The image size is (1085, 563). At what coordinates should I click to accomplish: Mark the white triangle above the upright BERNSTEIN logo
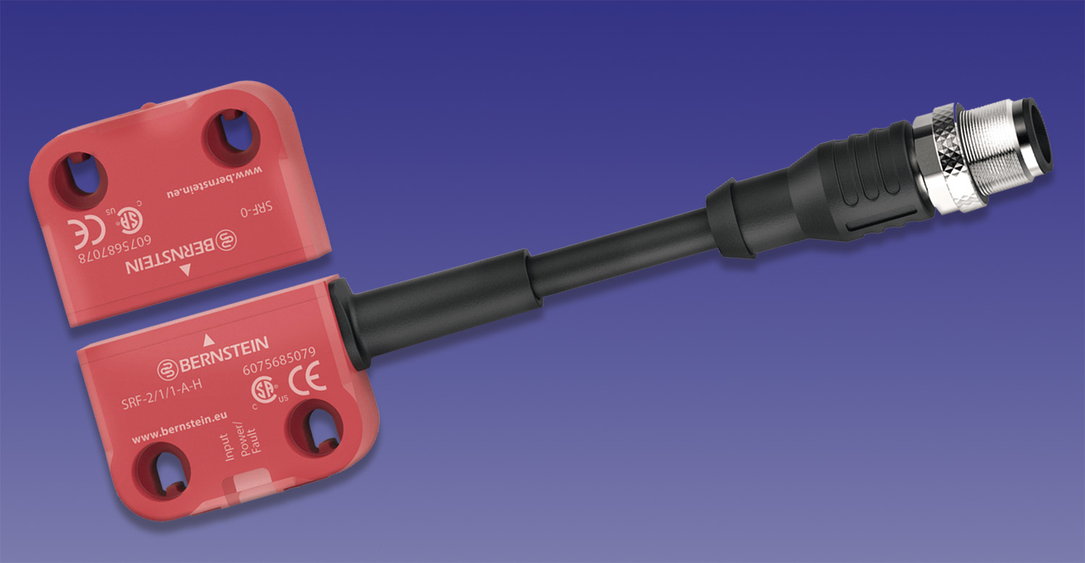[208, 338]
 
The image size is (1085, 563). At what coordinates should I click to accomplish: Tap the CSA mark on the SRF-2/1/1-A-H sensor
[264, 391]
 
